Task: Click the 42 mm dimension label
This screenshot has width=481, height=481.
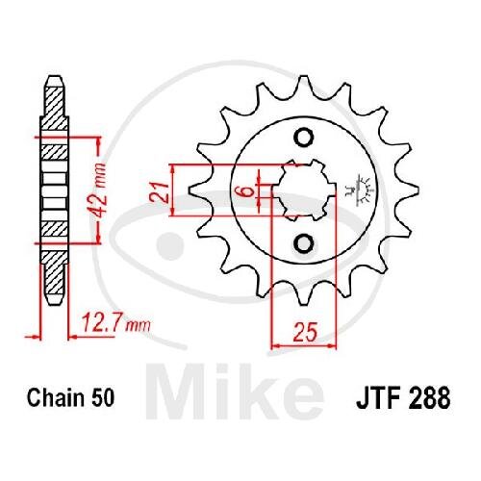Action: tap(97, 190)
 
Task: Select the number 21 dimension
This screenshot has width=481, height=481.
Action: tap(159, 192)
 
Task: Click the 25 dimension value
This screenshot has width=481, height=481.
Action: tap(305, 331)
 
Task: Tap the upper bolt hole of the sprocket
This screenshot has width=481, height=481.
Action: tap(303, 138)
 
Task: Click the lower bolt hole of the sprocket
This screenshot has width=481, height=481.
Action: tap(303, 244)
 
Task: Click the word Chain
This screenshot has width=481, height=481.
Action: tap(55, 397)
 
